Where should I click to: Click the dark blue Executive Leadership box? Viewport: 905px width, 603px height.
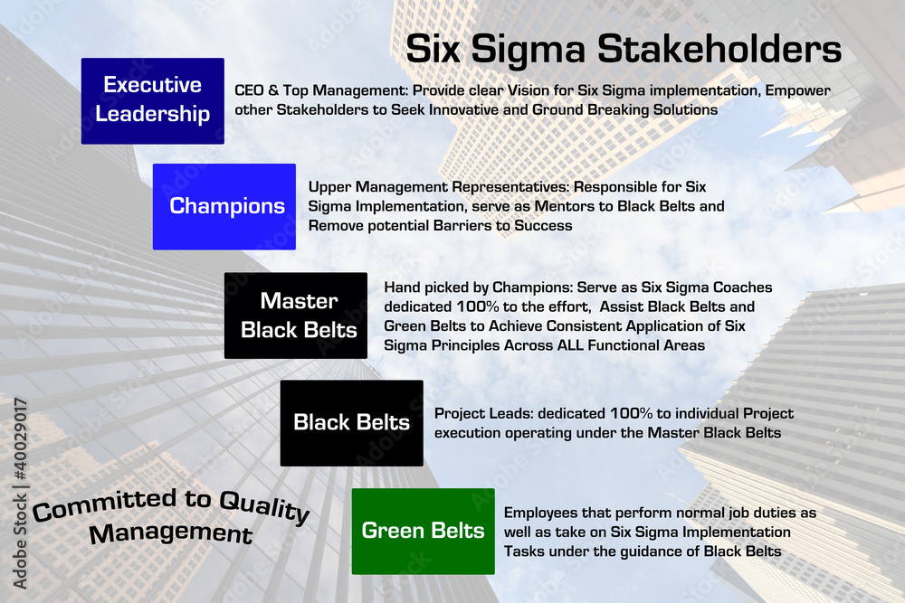coord(152,100)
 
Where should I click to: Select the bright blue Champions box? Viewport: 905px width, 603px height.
coord(224,206)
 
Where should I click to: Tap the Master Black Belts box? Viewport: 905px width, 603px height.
coord(296,316)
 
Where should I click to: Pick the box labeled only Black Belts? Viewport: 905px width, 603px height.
coord(351,422)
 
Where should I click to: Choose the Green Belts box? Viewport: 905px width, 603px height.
coord(423,531)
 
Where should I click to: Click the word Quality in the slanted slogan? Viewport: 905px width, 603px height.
coord(263,508)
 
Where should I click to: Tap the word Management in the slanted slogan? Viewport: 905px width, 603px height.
coord(170,532)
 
